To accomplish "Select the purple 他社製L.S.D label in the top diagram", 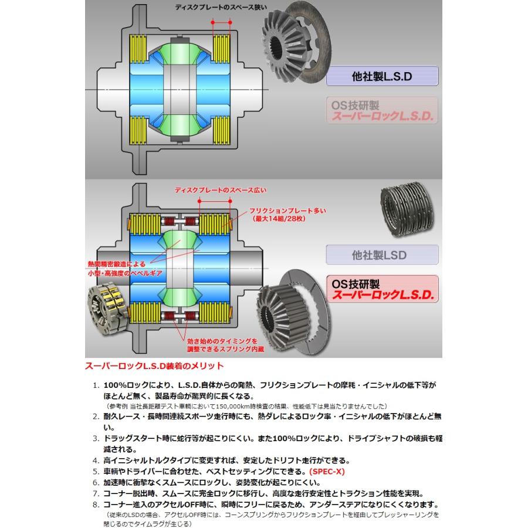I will click(x=382, y=77).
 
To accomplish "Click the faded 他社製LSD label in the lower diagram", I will click(x=382, y=256).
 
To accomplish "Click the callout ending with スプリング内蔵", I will click(x=218, y=344).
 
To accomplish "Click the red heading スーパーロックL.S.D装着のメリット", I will click(x=155, y=366).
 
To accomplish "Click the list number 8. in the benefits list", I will click(x=96, y=503).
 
